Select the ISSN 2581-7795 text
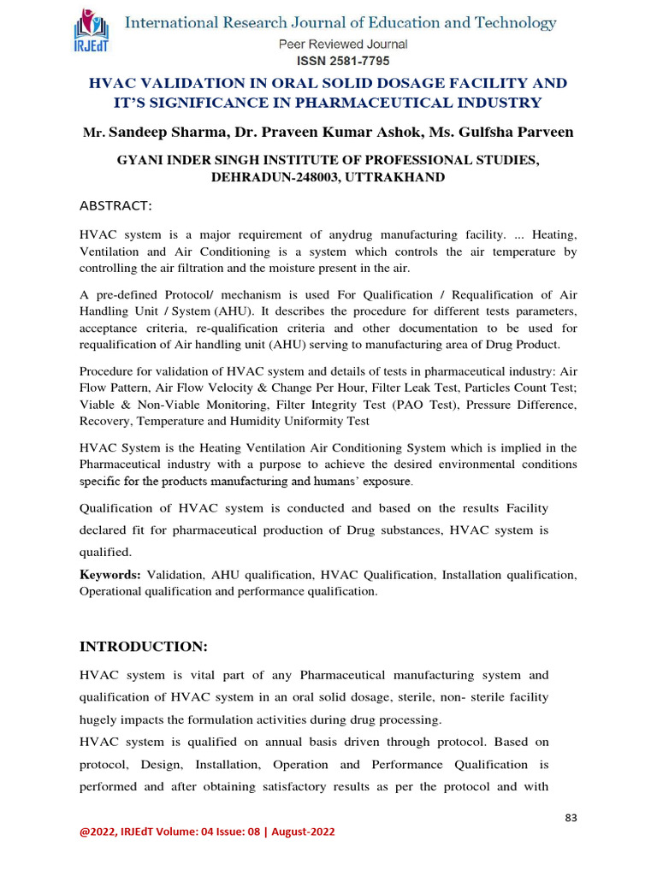pos(342,62)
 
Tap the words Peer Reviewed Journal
pos(342,44)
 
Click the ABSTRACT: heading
pos(115,206)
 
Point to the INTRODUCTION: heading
pos(143,644)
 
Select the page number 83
pos(571,818)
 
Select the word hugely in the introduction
pos(102,719)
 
